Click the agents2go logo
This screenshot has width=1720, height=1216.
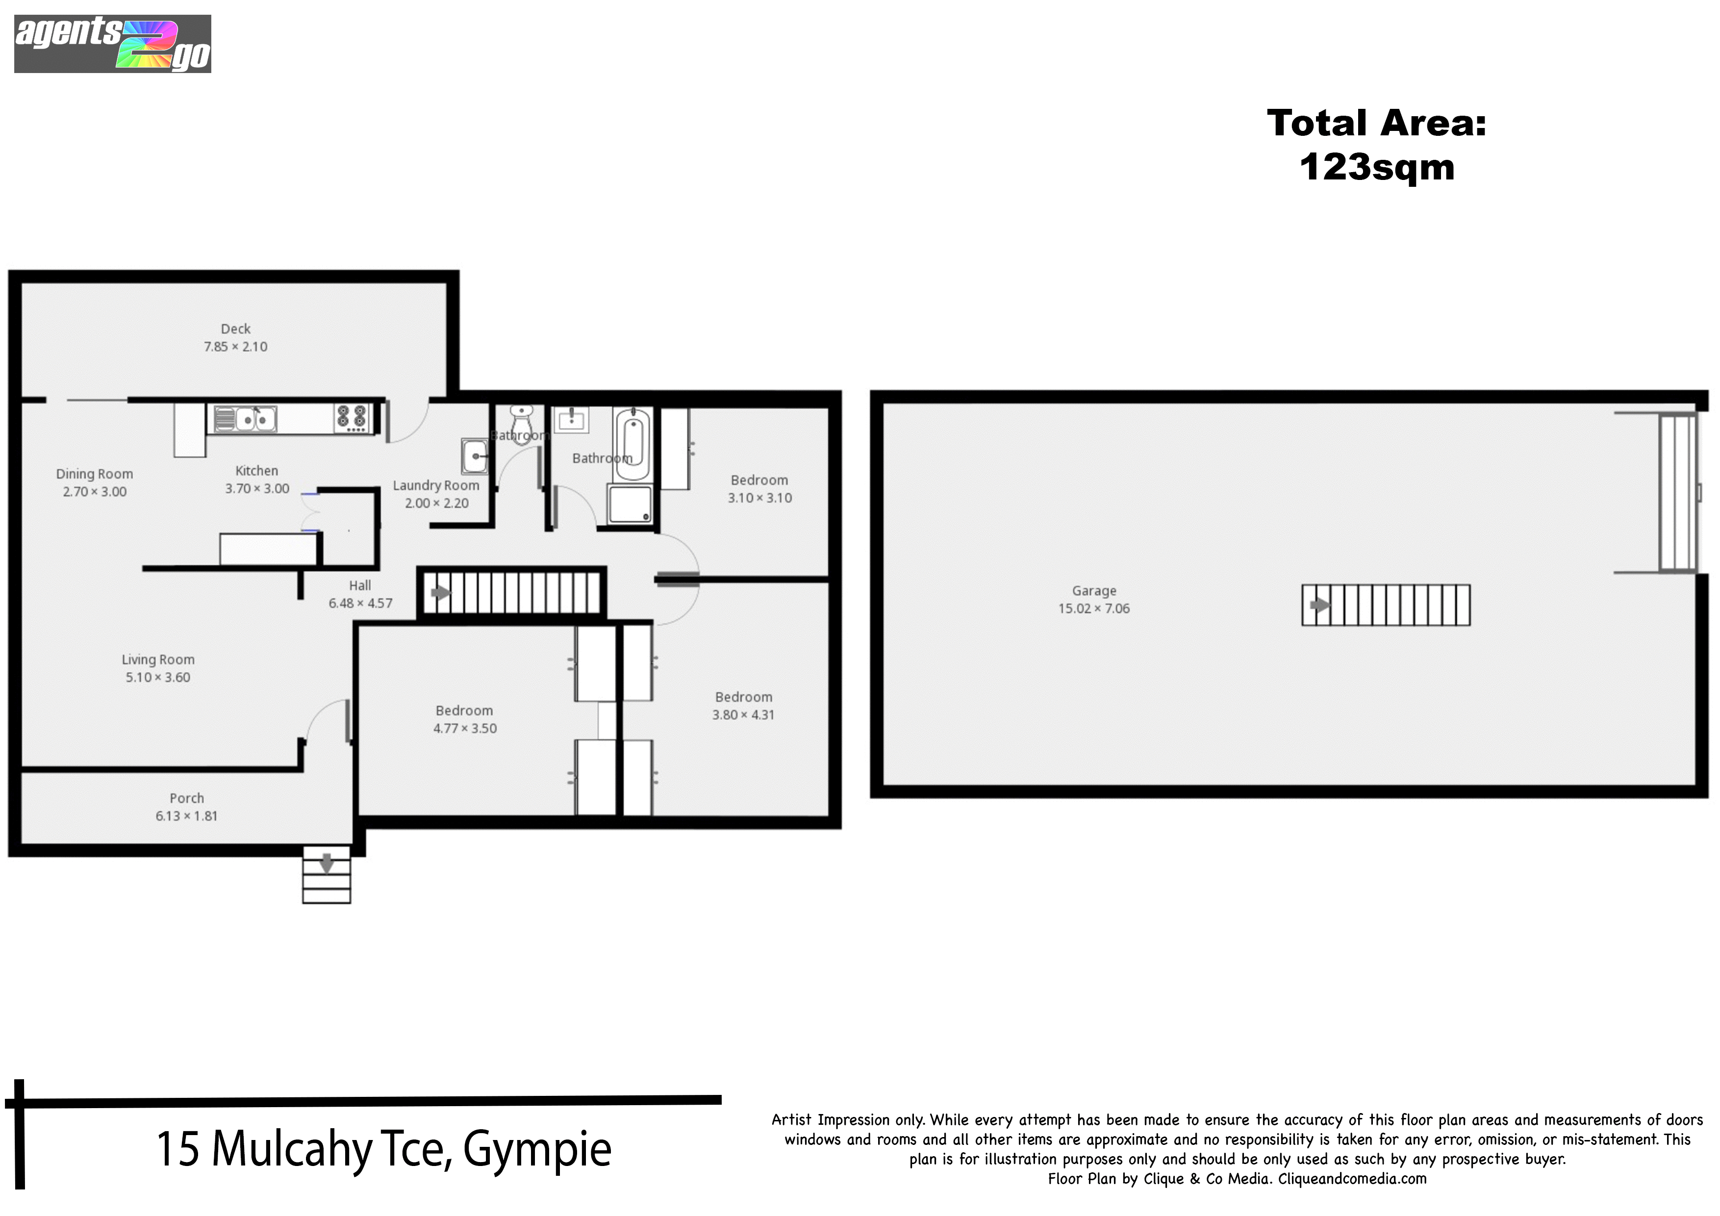click(x=112, y=44)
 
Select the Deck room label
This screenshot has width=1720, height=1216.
click(x=235, y=329)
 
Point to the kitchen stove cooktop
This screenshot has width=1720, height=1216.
click(x=352, y=418)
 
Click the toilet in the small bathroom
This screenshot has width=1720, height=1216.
click(x=521, y=424)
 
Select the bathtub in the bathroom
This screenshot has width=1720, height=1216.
click(x=632, y=444)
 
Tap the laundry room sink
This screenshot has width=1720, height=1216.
click(x=474, y=456)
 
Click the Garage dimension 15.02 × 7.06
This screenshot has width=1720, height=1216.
click(x=1094, y=608)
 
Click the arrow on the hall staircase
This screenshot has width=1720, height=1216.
click(x=440, y=593)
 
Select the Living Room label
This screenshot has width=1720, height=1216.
click(x=158, y=659)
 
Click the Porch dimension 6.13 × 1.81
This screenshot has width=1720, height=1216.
click(x=186, y=816)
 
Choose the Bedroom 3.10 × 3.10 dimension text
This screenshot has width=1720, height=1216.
click(x=759, y=498)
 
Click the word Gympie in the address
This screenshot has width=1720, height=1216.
click(x=537, y=1151)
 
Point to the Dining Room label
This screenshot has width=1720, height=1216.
click(x=95, y=474)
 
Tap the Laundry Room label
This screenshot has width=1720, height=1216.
click(x=436, y=485)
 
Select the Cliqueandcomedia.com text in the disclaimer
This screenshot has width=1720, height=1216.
click(x=1352, y=1179)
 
